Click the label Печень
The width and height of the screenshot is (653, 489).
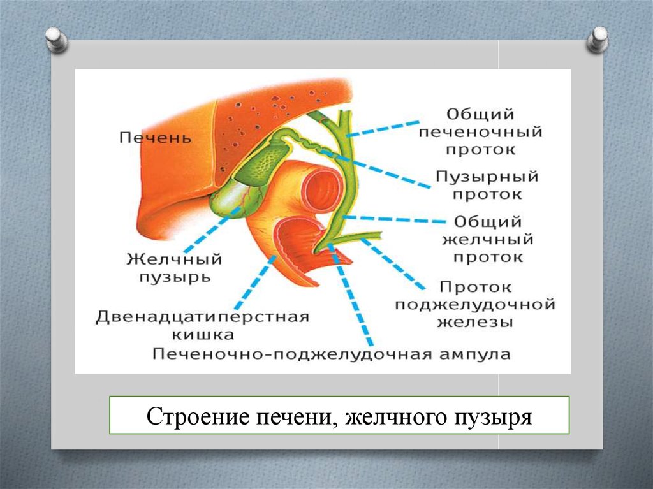155,137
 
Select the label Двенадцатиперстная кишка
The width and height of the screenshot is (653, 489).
202,325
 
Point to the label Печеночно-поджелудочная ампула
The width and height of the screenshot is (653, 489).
332,354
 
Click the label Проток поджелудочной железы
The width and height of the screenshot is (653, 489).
475,305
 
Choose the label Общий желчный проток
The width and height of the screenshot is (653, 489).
488,240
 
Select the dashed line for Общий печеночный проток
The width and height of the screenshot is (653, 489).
385,126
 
